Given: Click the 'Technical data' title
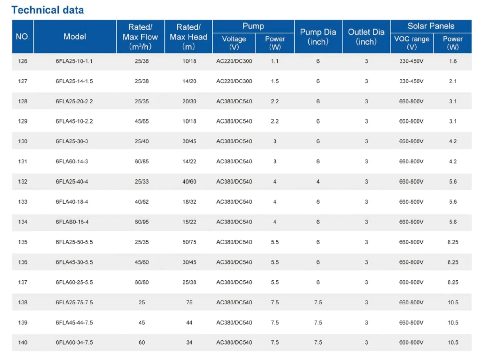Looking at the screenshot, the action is click(x=47, y=10).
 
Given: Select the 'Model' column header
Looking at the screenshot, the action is click(x=75, y=37).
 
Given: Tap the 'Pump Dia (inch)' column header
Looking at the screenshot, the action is click(x=318, y=37).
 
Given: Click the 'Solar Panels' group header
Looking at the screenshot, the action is click(x=431, y=26).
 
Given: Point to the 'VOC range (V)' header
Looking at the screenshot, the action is click(x=412, y=43).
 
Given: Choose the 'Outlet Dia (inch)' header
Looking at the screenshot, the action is click(x=366, y=37).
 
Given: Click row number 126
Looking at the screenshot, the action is click(x=23, y=61).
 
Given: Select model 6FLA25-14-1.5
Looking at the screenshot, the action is click(x=74, y=81).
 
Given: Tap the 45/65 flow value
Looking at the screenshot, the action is click(x=142, y=121).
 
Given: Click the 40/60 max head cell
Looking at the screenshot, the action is click(x=189, y=182).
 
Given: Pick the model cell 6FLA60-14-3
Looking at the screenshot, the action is click(x=72, y=162).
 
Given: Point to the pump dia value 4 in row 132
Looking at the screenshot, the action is click(x=318, y=182).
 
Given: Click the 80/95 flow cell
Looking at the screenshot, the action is click(x=142, y=222).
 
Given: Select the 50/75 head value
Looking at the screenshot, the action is click(x=189, y=242).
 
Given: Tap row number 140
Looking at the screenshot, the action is click(x=23, y=343).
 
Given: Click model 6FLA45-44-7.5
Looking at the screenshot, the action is click(x=74, y=323).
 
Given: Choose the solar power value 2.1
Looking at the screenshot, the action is click(x=453, y=81).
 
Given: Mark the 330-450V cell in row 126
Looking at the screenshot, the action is click(x=411, y=61).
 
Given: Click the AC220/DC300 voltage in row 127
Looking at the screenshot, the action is click(x=234, y=81).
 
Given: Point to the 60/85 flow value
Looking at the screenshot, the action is click(x=142, y=162).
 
